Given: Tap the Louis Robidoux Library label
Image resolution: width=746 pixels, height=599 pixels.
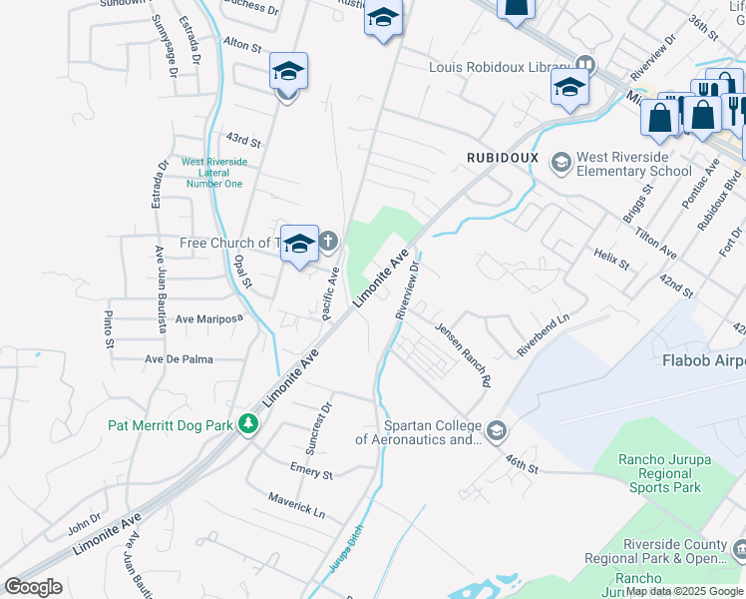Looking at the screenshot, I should tap(498, 68).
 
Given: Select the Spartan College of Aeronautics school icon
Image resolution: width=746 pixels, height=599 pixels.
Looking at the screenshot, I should tap(496, 431).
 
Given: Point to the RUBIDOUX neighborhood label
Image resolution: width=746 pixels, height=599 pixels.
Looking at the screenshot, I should tap(503, 158).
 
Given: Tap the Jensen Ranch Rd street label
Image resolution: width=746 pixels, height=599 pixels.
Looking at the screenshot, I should tap(464, 354).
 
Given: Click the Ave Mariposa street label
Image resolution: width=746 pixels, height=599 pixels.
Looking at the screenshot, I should tap(209, 319).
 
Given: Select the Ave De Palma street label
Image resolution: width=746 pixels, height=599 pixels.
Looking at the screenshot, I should tap(180, 359).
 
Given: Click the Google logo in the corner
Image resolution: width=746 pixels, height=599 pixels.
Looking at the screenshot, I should tap(33, 587).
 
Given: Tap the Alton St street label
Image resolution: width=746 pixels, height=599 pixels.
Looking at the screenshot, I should tap(242, 46).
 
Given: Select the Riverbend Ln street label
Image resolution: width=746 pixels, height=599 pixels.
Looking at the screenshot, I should tap(543, 334).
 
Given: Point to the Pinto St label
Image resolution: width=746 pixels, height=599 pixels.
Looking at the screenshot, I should tap(109, 329).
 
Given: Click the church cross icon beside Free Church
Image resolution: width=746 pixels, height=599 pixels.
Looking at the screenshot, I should tap(328, 242).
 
